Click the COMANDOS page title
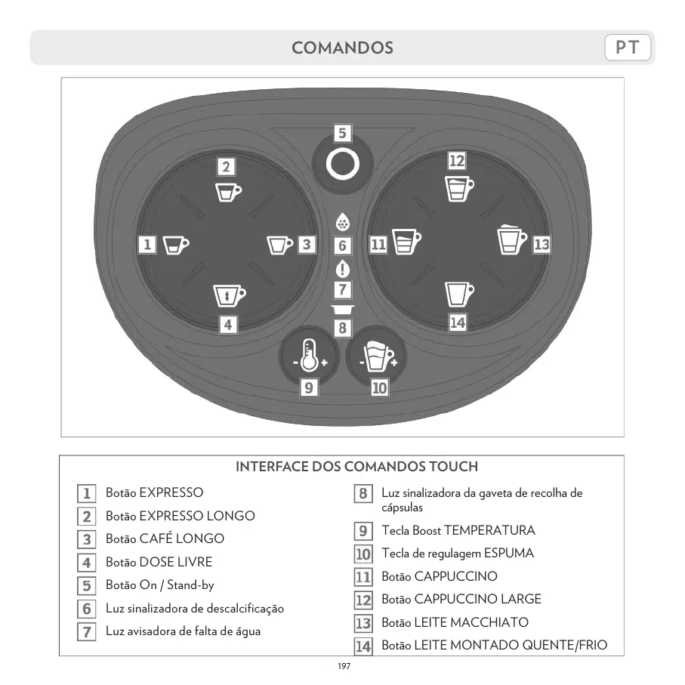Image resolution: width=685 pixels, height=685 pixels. coord(342,48)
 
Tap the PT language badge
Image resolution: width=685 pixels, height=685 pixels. coord(628,48)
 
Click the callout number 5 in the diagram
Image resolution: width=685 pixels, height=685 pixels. coord(342,134)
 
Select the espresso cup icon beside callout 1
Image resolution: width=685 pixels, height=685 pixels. coord(176,245)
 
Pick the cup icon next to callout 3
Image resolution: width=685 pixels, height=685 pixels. coord(279,245)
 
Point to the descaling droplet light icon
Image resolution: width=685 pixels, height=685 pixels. coord(342,223)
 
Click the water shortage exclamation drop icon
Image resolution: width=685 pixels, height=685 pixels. coord(342,268)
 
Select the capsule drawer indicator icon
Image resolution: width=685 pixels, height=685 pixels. coord(342,310)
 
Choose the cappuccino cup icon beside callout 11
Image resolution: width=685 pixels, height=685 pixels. coord(406,242)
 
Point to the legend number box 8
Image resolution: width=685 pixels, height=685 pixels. coord(363,494)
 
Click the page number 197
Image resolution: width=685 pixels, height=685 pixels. coord(344,666)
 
